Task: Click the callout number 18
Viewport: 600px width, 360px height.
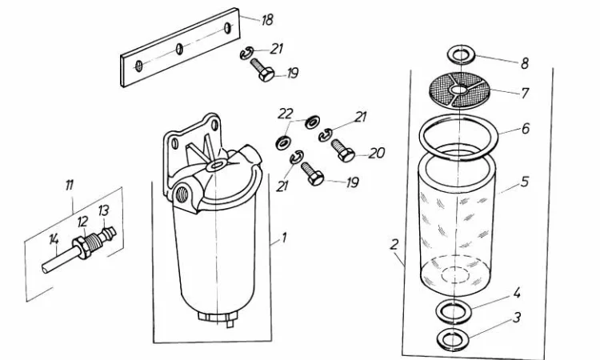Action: click(267, 20)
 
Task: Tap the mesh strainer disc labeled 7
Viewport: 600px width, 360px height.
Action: click(459, 90)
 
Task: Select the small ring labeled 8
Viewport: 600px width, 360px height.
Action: click(462, 54)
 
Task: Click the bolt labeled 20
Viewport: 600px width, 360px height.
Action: click(342, 150)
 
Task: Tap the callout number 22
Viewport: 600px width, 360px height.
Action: click(286, 114)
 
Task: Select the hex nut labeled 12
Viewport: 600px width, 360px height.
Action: click(83, 247)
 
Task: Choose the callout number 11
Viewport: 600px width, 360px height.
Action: click(69, 186)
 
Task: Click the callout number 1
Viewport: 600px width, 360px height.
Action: click(283, 238)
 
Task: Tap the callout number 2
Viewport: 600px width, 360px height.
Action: click(394, 245)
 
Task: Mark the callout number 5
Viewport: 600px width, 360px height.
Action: click(525, 182)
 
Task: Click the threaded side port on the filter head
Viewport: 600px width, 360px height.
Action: click(182, 195)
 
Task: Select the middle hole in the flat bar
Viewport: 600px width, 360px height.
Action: click(179, 49)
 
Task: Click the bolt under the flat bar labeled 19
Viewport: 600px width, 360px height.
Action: click(262, 70)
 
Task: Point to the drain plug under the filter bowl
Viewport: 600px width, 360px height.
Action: click(216, 318)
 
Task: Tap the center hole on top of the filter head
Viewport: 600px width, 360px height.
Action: click(216, 166)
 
